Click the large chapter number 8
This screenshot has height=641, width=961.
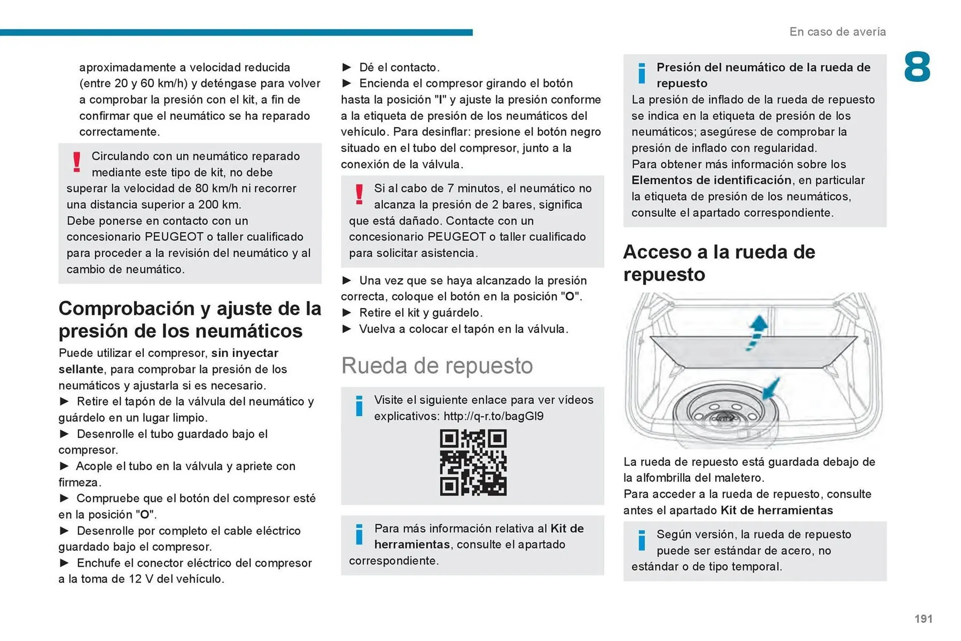pos(917,67)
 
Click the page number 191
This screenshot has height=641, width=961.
pos(923,618)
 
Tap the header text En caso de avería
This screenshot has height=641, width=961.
pos(837,32)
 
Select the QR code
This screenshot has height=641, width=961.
pos(473,462)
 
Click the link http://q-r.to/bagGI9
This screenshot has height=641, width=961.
pos(493,416)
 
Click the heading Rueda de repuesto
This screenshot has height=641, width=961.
pos(436,365)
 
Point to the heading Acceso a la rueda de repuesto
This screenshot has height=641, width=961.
pos(719,263)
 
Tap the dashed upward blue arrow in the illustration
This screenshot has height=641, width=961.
pos(756,332)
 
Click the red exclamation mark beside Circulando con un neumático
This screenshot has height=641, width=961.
pos(77,162)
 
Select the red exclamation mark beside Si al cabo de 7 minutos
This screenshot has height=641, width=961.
pos(359,194)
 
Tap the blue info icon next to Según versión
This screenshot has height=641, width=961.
pos(642,540)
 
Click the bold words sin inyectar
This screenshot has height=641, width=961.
pos(244,353)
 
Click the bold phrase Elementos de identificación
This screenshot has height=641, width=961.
pos(711,180)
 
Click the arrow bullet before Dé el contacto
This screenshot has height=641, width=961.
pos(347,67)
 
